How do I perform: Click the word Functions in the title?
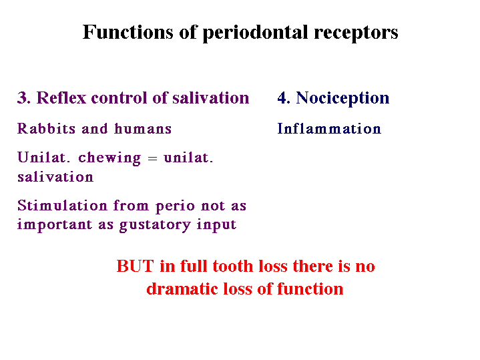128,32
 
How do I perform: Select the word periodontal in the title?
255,33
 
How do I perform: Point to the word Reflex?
61,98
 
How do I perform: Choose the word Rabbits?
46,128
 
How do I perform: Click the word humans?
143,129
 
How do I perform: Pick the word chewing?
109,158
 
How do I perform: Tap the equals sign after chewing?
152,158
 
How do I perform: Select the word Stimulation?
63,205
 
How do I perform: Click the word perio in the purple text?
175,207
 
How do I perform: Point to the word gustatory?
155,225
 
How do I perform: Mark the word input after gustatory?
216,225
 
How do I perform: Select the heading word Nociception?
342,99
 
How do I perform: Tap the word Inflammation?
329,129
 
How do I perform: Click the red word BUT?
135,266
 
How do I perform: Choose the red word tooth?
234,266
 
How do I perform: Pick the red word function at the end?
310,289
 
